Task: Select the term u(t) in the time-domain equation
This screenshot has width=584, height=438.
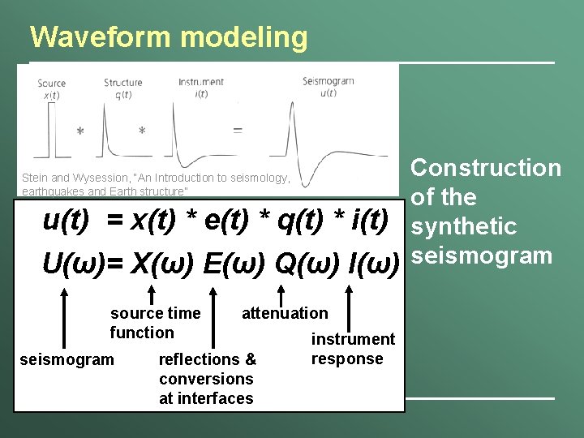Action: tap(66, 220)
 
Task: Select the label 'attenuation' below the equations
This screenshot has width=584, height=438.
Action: tap(285, 313)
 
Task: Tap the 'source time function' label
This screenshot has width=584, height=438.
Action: tap(155, 323)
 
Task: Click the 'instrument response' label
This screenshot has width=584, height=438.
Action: tap(353, 349)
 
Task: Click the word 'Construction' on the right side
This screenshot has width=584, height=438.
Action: tap(486, 168)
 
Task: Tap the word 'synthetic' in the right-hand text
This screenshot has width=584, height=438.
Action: tap(464, 226)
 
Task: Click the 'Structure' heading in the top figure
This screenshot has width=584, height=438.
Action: tap(123, 82)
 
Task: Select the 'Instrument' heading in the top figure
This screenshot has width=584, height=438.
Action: tap(201, 82)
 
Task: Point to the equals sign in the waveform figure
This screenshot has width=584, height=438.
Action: tap(237, 130)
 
